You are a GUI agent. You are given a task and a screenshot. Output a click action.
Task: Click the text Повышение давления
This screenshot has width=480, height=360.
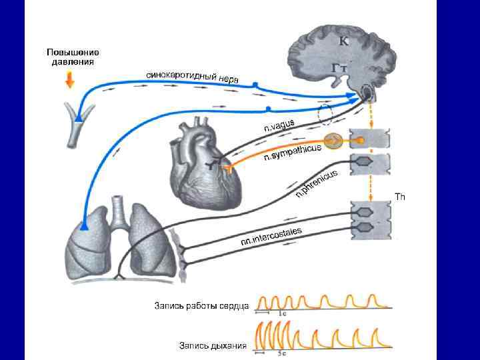[73, 57]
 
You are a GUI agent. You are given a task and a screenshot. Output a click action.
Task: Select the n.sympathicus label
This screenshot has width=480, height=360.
[293, 153]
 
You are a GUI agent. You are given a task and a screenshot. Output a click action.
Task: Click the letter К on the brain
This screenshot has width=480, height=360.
[343, 41]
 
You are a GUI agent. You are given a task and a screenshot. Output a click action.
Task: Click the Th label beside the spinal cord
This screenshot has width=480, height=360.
[400, 197]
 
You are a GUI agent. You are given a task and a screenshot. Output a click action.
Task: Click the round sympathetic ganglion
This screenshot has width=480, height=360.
[335, 141]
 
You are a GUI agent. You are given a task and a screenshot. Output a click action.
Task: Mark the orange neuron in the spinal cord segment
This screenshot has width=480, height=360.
[361, 141]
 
